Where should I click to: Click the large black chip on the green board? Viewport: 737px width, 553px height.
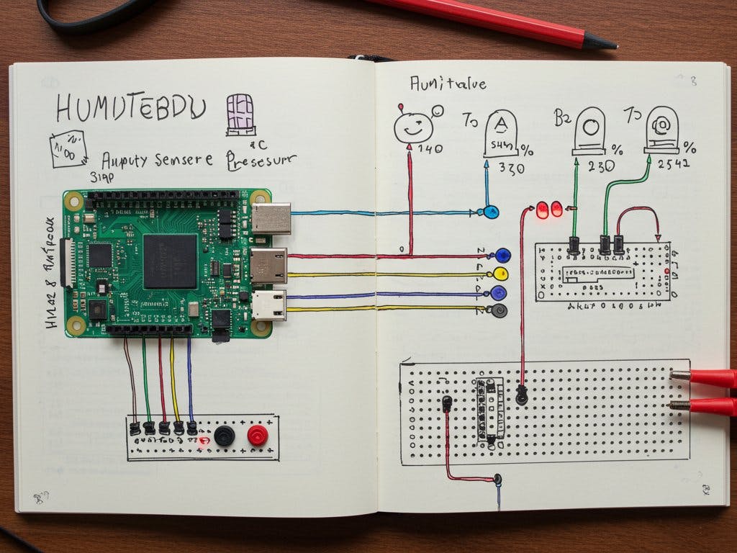click(x=170, y=261)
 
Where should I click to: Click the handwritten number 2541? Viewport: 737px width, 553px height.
click(x=672, y=164)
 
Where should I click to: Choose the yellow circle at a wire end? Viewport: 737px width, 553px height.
click(x=501, y=274)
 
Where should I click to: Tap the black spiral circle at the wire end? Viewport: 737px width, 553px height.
click(x=498, y=311)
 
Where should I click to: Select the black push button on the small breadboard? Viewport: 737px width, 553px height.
click(x=225, y=435)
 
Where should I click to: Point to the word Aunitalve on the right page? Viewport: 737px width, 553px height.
click(x=448, y=84)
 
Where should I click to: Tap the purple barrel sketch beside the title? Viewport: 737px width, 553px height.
click(x=240, y=114)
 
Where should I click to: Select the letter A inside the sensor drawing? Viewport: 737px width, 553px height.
click(x=502, y=126)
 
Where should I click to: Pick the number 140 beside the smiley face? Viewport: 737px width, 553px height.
click(x=430, y=150)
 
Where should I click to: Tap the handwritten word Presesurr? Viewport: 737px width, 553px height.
click(x=261, y=160)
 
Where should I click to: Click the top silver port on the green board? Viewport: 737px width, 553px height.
click(x=271, y=218)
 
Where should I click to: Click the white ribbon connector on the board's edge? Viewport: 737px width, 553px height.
click(x=70, y=262)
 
